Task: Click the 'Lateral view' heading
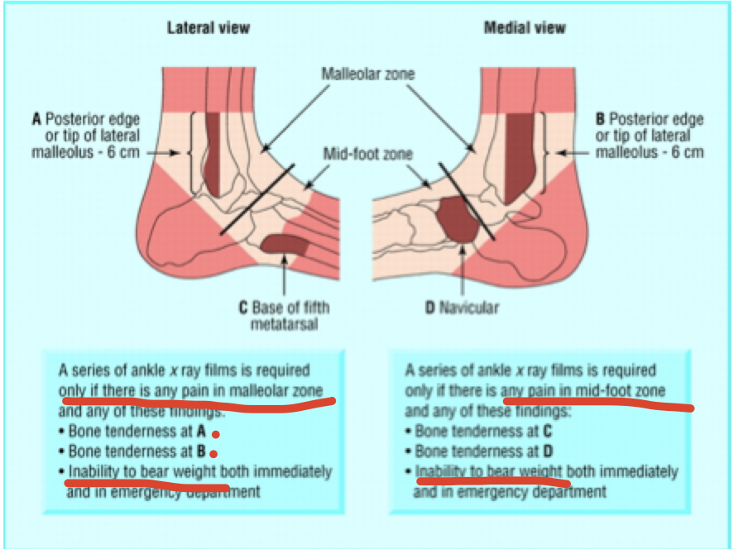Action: (x=209, y=28)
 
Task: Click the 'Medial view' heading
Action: (x=525, y=28)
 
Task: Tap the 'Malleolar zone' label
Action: (x=368, y=74)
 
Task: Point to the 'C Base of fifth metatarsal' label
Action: (x=284, y=314)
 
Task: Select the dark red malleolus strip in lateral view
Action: (x=211, y=153)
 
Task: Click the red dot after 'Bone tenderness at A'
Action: (x=214, y=433)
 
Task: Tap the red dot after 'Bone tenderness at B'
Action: (x=214, y=453)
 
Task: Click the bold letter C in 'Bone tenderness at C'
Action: (x=547, y=431)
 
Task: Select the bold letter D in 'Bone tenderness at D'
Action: (x=547, y=451)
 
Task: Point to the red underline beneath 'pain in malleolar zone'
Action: (x=199, y=402)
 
